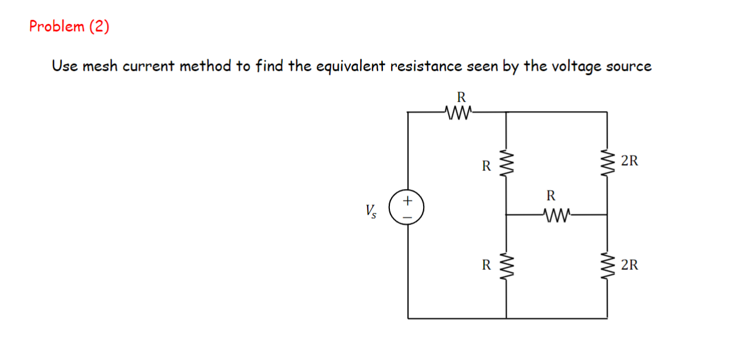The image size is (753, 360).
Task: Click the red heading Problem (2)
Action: tap(69, 27)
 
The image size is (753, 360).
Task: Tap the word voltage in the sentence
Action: tap(573, 66)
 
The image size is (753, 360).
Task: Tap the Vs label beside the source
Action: tap(371, 210)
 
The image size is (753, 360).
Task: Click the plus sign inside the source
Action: tap(407, 201)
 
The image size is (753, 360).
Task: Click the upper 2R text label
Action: tap(629, 161)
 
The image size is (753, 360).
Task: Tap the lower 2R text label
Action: tap(629, 266)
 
